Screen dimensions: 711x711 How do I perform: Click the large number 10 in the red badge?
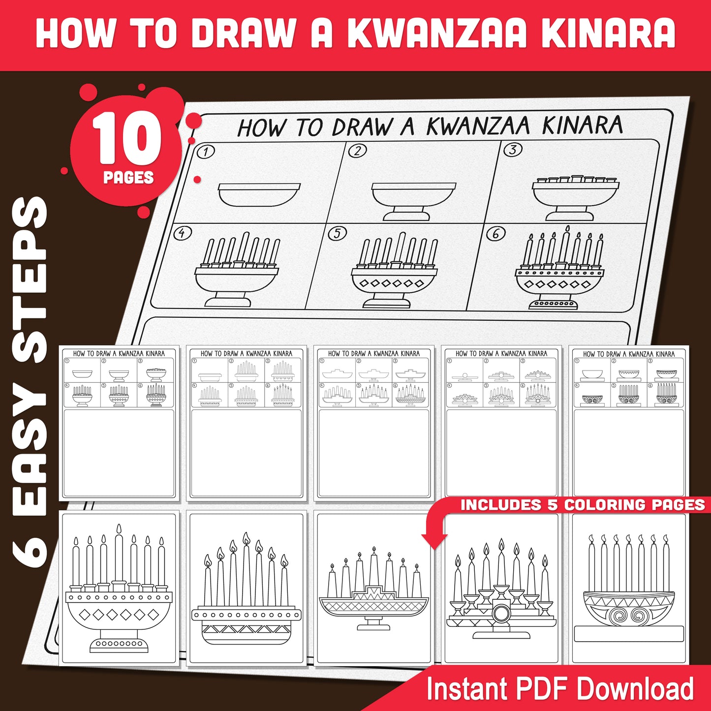[x=127, y=139]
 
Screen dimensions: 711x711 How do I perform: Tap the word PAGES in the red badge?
[x=128, y=177]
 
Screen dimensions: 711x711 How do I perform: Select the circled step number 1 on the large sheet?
[x=205, y=152]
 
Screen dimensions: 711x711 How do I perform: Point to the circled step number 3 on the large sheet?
[x=513, y=149]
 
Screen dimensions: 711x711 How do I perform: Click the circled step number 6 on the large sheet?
[x=495, y=234]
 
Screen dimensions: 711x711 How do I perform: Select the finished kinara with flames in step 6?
[x=560, y=271]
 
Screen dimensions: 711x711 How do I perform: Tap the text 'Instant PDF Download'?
[x=559, y=688]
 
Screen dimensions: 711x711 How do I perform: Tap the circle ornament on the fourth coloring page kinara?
[x=501, y=613]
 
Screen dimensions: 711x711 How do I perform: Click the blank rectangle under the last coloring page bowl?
[x=628, y=634]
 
